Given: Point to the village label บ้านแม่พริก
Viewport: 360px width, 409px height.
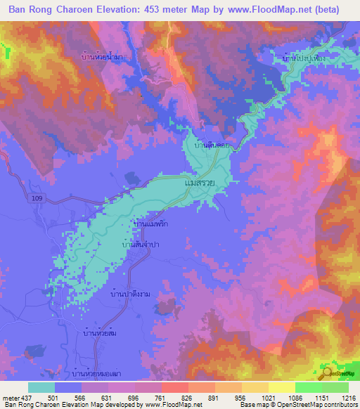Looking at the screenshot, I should coord(150,224).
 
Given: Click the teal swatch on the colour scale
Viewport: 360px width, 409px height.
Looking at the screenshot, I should coord(41,387).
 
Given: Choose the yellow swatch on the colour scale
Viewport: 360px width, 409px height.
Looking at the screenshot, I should coord(282,387).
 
